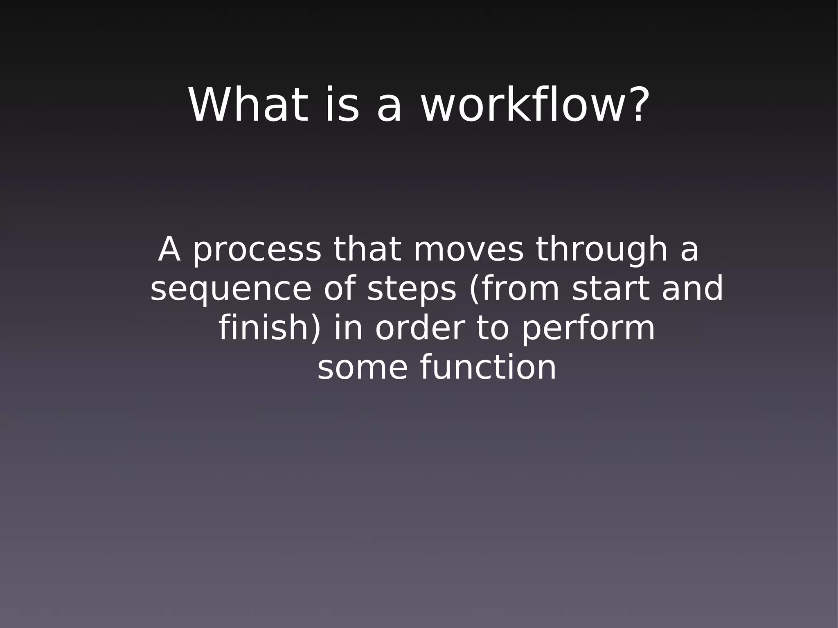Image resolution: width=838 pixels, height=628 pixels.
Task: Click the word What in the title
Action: (x=248, y=105)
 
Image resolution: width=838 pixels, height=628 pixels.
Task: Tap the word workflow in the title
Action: (x=521, y=105)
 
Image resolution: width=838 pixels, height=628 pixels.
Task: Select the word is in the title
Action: (x=342, y=105)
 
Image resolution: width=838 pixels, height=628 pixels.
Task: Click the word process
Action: (x=257, y=250)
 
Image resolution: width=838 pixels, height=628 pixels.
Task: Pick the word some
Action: (x=362, y=368)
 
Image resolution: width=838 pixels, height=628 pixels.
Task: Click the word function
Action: (x=488, y=367)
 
